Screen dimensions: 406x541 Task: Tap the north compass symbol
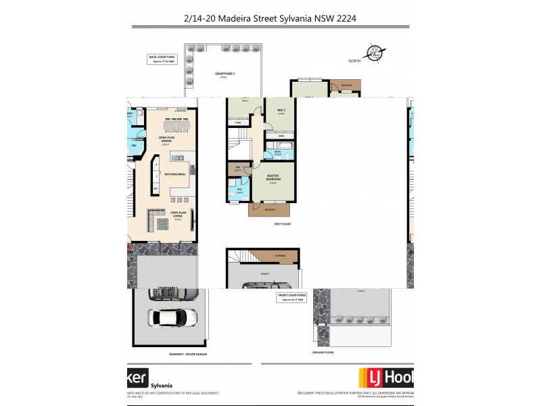click(373, 53)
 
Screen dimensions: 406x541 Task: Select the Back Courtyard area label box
click(161, 59)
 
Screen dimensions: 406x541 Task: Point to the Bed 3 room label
click(281, 112)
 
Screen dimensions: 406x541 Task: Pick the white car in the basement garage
click(173, 317)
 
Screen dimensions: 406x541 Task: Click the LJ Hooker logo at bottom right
click(385, 377)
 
